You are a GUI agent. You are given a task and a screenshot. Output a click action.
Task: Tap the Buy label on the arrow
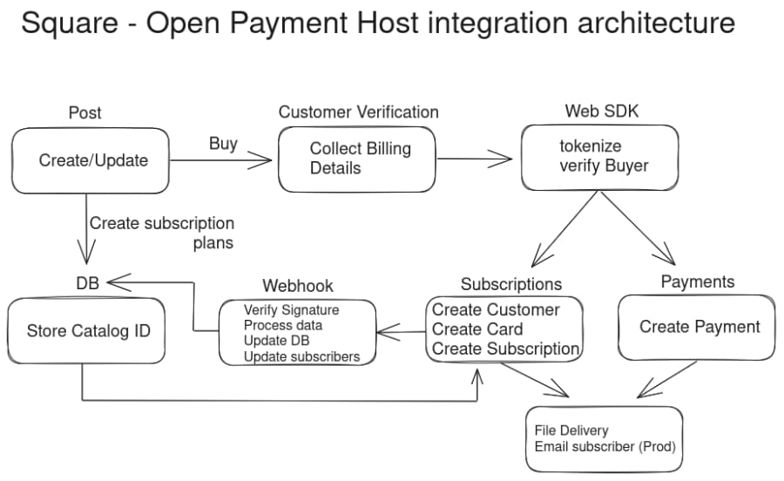click(223, 144)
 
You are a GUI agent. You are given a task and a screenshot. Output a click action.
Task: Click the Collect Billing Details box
click(356, 159)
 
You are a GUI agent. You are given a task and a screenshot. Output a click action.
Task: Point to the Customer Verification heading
click(358, 112)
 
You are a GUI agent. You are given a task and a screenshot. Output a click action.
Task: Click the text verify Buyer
click(604, 166)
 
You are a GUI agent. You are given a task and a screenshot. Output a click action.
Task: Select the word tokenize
click(590, 146)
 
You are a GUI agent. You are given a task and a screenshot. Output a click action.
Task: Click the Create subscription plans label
click(162, 233)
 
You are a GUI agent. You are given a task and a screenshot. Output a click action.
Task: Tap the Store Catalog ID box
click(88, 331)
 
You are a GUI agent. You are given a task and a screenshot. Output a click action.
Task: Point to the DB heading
click(88, 282)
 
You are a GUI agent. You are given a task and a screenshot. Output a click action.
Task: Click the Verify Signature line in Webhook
click(291, 310)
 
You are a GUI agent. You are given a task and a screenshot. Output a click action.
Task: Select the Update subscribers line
click(301, 356)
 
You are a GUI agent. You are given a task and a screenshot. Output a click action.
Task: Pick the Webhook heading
click(298, 286)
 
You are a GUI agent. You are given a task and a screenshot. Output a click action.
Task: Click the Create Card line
click(477, 329)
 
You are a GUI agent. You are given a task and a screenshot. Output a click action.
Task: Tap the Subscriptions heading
click(511, 284)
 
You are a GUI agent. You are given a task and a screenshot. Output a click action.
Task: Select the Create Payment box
click(699, 328)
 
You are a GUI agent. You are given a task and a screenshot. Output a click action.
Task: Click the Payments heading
click(697, 281)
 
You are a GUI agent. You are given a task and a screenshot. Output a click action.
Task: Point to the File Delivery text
click(571, 430)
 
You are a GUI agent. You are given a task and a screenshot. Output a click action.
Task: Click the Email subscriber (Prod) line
click(605, 447)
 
